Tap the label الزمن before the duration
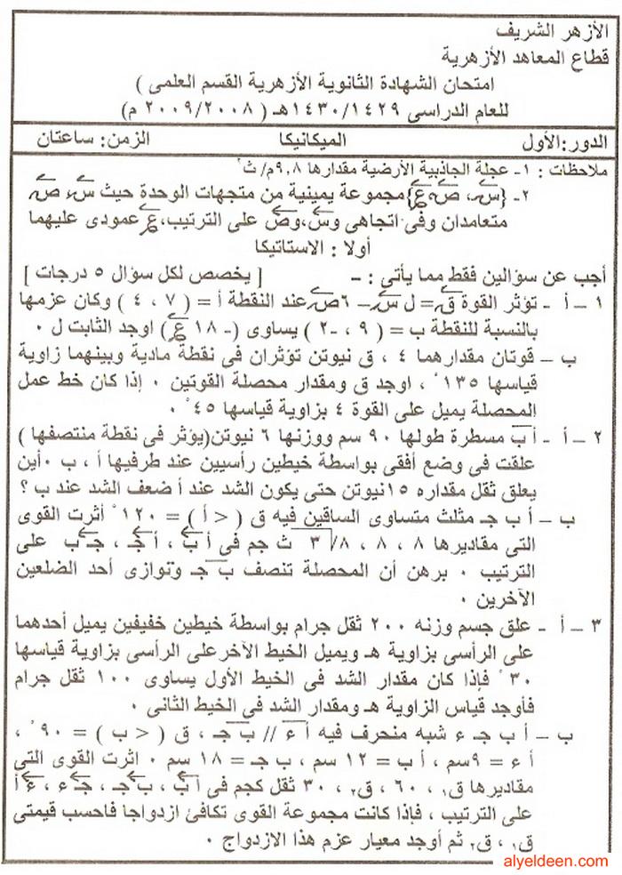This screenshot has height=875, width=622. (x=130, y=140)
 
